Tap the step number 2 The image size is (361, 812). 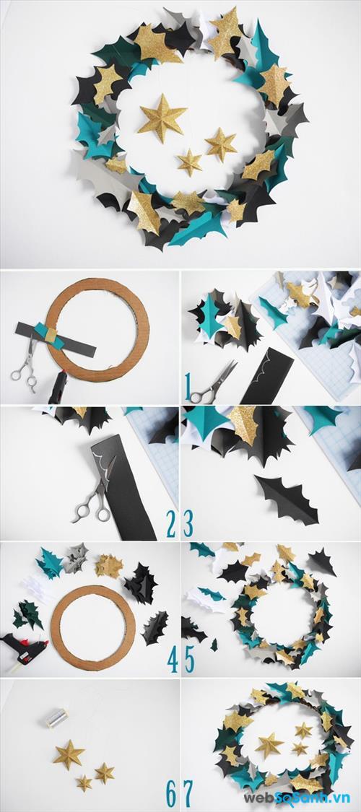click(x=171, y=524)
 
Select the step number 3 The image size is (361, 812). click(x=188, y=524)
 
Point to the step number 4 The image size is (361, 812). click(x=173, y=659)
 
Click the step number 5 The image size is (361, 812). click(x=190, y=659)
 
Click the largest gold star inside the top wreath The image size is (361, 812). click(x=162, y=118)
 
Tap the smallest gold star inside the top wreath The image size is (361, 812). click(x=190, y=162)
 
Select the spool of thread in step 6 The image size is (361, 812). click(x=58, y=717)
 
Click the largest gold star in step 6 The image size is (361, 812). click(x=69, y=754)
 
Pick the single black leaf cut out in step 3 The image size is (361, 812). click(x=287, y=499)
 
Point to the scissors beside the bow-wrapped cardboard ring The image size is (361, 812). click(x=26, y=362)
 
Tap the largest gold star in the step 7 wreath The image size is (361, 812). click(x=269, y=745)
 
